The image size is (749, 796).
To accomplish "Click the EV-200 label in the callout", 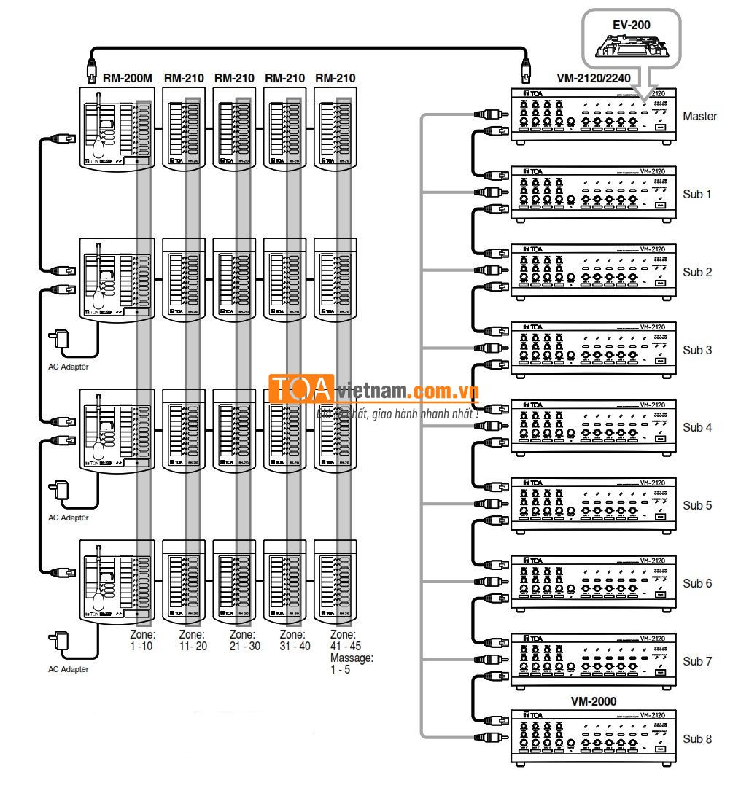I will (631, 25).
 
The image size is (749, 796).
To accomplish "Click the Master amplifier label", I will (699, 116).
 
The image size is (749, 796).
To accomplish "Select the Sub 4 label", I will (697, 427).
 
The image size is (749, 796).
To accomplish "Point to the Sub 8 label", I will (697, 739).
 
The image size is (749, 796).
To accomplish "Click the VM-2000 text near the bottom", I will (593, 701).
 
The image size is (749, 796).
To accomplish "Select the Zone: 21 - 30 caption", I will (244, 640).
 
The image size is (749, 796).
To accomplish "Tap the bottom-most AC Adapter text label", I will (68, 669).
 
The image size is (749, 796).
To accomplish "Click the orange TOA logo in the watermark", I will (300, 389).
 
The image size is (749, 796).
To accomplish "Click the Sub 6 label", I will (697, 583).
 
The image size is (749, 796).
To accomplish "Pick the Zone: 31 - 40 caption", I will (295, 640).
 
